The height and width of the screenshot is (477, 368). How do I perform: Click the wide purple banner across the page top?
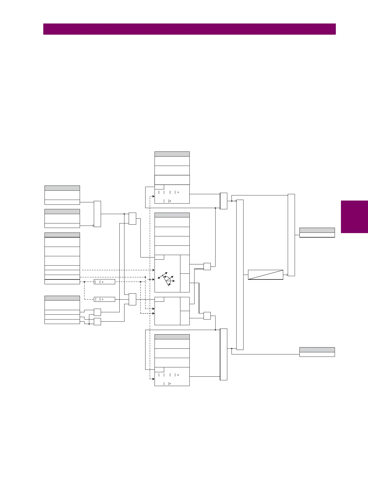189,29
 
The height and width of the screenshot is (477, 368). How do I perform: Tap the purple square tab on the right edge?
354,217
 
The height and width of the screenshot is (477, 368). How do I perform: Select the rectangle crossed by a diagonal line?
265,275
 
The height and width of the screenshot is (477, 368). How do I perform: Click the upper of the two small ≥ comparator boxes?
104,282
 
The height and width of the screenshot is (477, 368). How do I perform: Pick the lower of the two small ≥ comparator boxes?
104,299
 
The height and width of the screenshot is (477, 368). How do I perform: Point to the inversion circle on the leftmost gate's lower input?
93,225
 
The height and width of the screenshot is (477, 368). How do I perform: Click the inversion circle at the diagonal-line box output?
287,275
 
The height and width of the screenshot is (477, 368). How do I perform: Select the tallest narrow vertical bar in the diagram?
240,274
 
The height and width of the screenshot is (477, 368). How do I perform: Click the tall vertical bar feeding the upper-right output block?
291,235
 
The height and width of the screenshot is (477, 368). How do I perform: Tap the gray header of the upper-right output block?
317,230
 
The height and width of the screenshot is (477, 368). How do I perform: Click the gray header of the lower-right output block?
317,350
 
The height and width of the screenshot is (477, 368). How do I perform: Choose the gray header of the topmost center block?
172,154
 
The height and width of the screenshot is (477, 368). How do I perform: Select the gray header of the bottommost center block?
172,337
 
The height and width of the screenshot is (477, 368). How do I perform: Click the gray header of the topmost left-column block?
62,188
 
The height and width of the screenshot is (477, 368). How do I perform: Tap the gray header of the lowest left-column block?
62,298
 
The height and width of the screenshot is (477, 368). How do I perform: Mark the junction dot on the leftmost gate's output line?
124,214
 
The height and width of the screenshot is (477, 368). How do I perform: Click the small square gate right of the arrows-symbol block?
207,267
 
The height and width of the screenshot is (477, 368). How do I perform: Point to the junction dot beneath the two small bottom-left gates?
89,324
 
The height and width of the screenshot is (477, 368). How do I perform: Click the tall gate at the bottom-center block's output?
223,354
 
